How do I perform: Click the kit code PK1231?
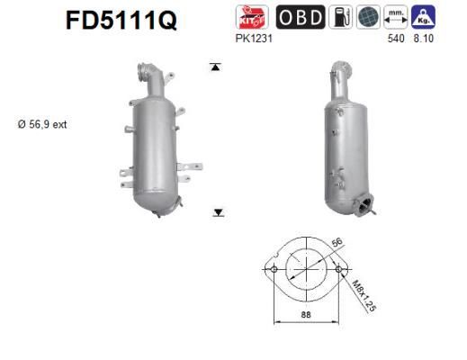tap(253, 40)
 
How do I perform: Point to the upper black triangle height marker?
tap(215, 67)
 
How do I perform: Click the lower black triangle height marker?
tap(218, 211)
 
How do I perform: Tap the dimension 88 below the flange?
tap(306, 314)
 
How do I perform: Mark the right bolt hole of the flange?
tap(338, 269)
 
